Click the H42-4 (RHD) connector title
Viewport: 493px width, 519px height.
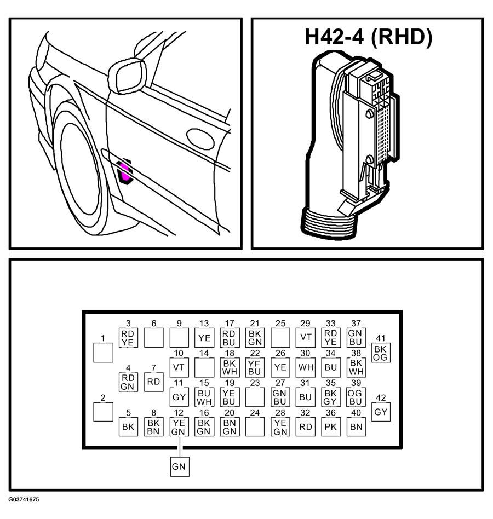[x=368, y=37]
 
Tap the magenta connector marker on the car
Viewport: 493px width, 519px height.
[x=124, y=171]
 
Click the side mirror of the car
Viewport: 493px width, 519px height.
[x=127, y=76]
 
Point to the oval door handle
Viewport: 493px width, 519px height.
[x=200, y=139]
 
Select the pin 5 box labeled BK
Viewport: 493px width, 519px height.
[x=128, y=426]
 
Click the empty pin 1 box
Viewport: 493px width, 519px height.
[x=104, y=353]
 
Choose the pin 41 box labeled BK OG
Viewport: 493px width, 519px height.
[x=381, y=353]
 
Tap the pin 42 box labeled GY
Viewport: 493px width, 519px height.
[x=381, y=412]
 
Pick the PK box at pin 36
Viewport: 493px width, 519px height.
[x=330, y=426]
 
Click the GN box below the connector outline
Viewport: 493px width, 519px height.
[x=180, y=466]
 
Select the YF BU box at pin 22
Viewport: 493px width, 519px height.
[x=255, y=367]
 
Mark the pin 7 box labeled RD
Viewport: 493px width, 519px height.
[x=153, y=382]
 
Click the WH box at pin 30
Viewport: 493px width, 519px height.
[x=305, y=367]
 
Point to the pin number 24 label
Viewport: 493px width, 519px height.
[x=255, y=413]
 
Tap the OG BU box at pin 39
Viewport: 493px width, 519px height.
[x=356, y=397]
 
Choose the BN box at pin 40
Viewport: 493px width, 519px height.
[x=356, y=426]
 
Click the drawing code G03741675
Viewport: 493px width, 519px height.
[x=24, y=499]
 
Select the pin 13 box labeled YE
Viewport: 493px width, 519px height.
[x=204, y=338]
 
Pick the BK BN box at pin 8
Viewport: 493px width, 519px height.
[x=153, y=426]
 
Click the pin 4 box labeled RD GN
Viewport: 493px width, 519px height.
[x=128, y=382]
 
